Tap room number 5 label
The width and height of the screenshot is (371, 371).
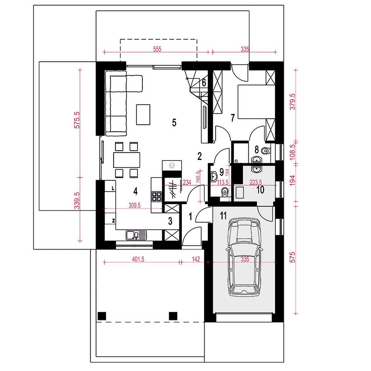(x=174, y=122)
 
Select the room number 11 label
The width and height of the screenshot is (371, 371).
(x=223, y=216)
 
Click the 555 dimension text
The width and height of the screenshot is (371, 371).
(x=157, y=49)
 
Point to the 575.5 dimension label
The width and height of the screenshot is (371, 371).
(x=77, y=120)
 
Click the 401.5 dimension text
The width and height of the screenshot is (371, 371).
(x=138, y=259)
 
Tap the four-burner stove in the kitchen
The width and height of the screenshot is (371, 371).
(x=157, y=196)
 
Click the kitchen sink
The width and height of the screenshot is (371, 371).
(x=136, y=235)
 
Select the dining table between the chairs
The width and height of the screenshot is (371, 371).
(x=127, y=160)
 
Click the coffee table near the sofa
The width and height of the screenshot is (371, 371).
(x=143, y=115)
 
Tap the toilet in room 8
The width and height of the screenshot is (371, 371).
(x=266, y=150)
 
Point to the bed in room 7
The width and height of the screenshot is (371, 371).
(x=256, y=102)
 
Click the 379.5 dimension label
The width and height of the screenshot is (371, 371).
(x=293, y=102)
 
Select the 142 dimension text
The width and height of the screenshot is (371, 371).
(x=196, y=259)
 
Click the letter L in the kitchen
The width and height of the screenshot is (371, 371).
(x=113, y=188)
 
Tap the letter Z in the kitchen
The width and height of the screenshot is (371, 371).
(x=114, y=221)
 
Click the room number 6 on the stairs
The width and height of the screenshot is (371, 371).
(x=204, y=83)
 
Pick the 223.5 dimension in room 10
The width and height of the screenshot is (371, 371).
(x=256, y=182)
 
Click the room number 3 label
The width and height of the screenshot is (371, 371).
(x=170, y=221)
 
